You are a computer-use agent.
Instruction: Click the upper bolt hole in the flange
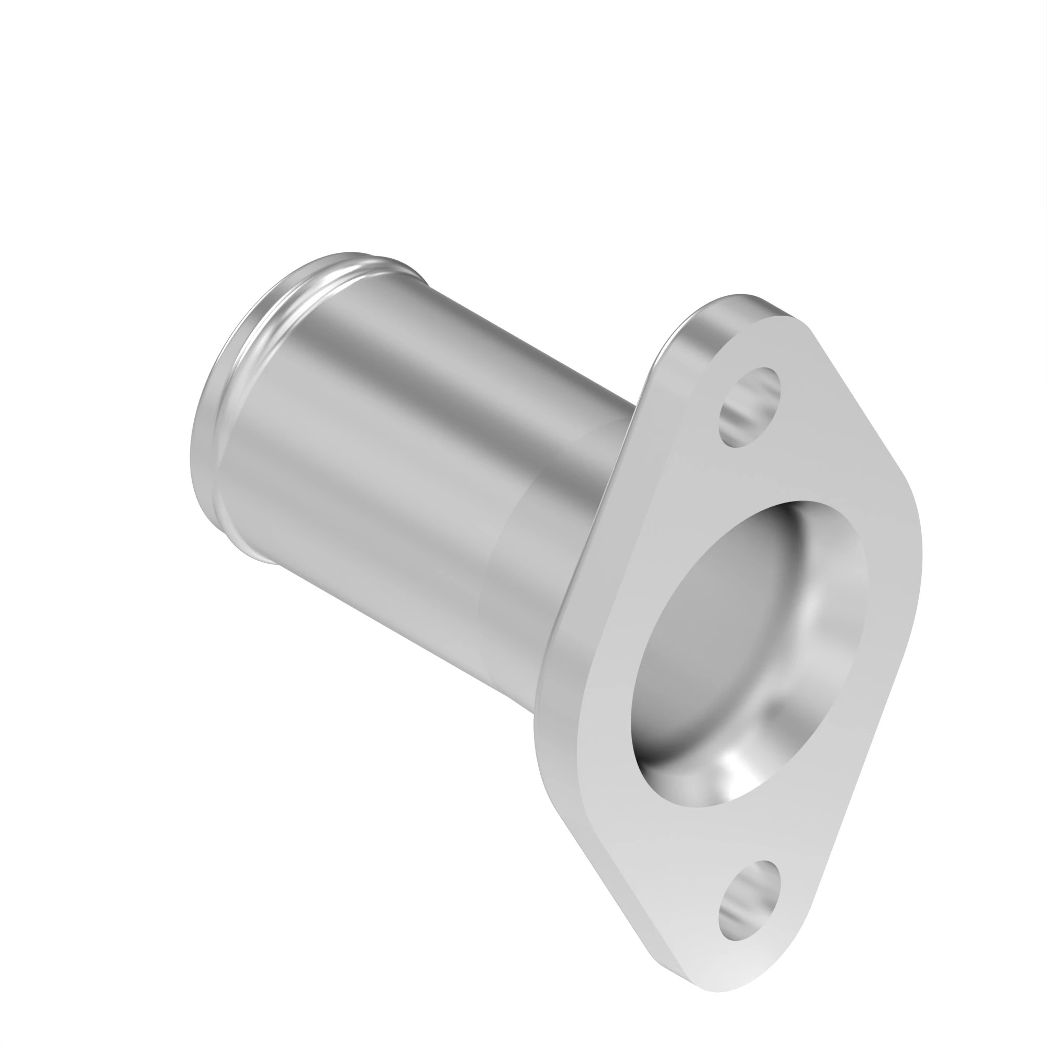[750, 407]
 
